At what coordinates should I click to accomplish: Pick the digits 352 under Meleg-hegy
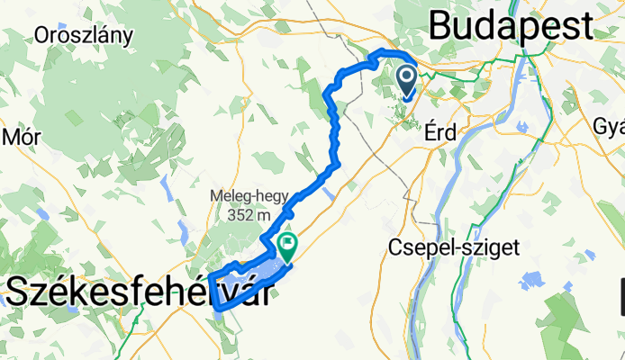(x=235, y=214)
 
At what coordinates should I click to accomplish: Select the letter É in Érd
(x=428, y=132)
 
